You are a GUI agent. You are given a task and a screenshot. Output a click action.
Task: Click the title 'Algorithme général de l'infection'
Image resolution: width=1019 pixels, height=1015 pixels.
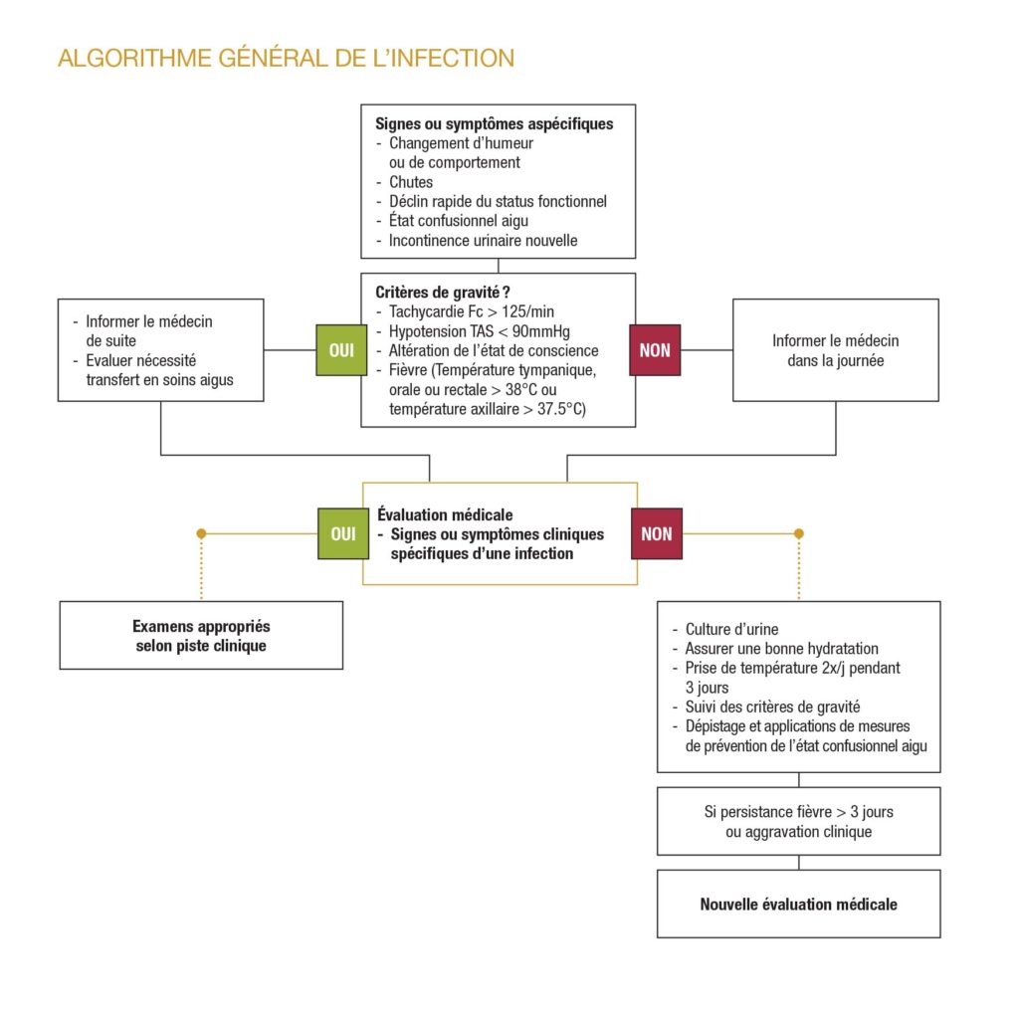[286, 58]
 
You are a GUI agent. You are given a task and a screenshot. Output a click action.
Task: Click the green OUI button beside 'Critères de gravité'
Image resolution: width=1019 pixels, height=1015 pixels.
[341, 350]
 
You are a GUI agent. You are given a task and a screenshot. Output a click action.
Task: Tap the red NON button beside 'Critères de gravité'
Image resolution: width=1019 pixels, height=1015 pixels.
[655, 350]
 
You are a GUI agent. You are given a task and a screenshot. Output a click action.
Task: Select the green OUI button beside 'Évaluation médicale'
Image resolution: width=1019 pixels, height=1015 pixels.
[342, 533]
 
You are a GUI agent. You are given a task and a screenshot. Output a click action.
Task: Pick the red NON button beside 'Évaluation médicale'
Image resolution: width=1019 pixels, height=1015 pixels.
[656, 533]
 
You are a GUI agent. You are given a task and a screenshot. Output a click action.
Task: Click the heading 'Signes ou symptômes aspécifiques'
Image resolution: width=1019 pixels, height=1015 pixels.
[494, 124]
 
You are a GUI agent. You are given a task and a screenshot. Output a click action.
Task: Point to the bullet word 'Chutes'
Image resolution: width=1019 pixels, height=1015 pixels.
[411, 182]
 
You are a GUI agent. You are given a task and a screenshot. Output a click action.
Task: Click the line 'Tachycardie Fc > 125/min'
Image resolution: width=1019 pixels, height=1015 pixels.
[472, 312]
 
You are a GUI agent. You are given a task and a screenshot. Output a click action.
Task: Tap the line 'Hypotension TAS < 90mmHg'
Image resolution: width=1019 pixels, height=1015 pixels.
[480, 331]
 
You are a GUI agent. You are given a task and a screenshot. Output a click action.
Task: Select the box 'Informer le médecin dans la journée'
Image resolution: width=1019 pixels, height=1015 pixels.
[835, 350]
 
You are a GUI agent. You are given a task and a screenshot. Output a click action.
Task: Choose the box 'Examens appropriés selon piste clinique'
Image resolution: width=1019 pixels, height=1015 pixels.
[201, 635]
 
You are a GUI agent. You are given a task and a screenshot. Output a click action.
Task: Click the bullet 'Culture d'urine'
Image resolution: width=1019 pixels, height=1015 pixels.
[731, 629]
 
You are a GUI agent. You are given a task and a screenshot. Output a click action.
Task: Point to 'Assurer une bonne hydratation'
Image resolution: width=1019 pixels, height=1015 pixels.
[781, 648]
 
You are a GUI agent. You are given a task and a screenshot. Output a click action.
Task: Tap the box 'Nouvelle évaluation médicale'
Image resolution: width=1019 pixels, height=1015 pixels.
[798, 904]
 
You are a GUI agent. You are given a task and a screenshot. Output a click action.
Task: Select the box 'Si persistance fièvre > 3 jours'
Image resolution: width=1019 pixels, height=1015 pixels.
[798, 821]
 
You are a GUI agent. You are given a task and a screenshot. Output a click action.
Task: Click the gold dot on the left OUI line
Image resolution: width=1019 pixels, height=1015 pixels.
[201, 533]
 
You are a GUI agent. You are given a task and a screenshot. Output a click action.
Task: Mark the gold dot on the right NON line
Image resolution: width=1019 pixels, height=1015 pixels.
[798, 533]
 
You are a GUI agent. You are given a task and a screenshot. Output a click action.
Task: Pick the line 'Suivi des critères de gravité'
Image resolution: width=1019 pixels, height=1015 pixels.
[773, 707]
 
